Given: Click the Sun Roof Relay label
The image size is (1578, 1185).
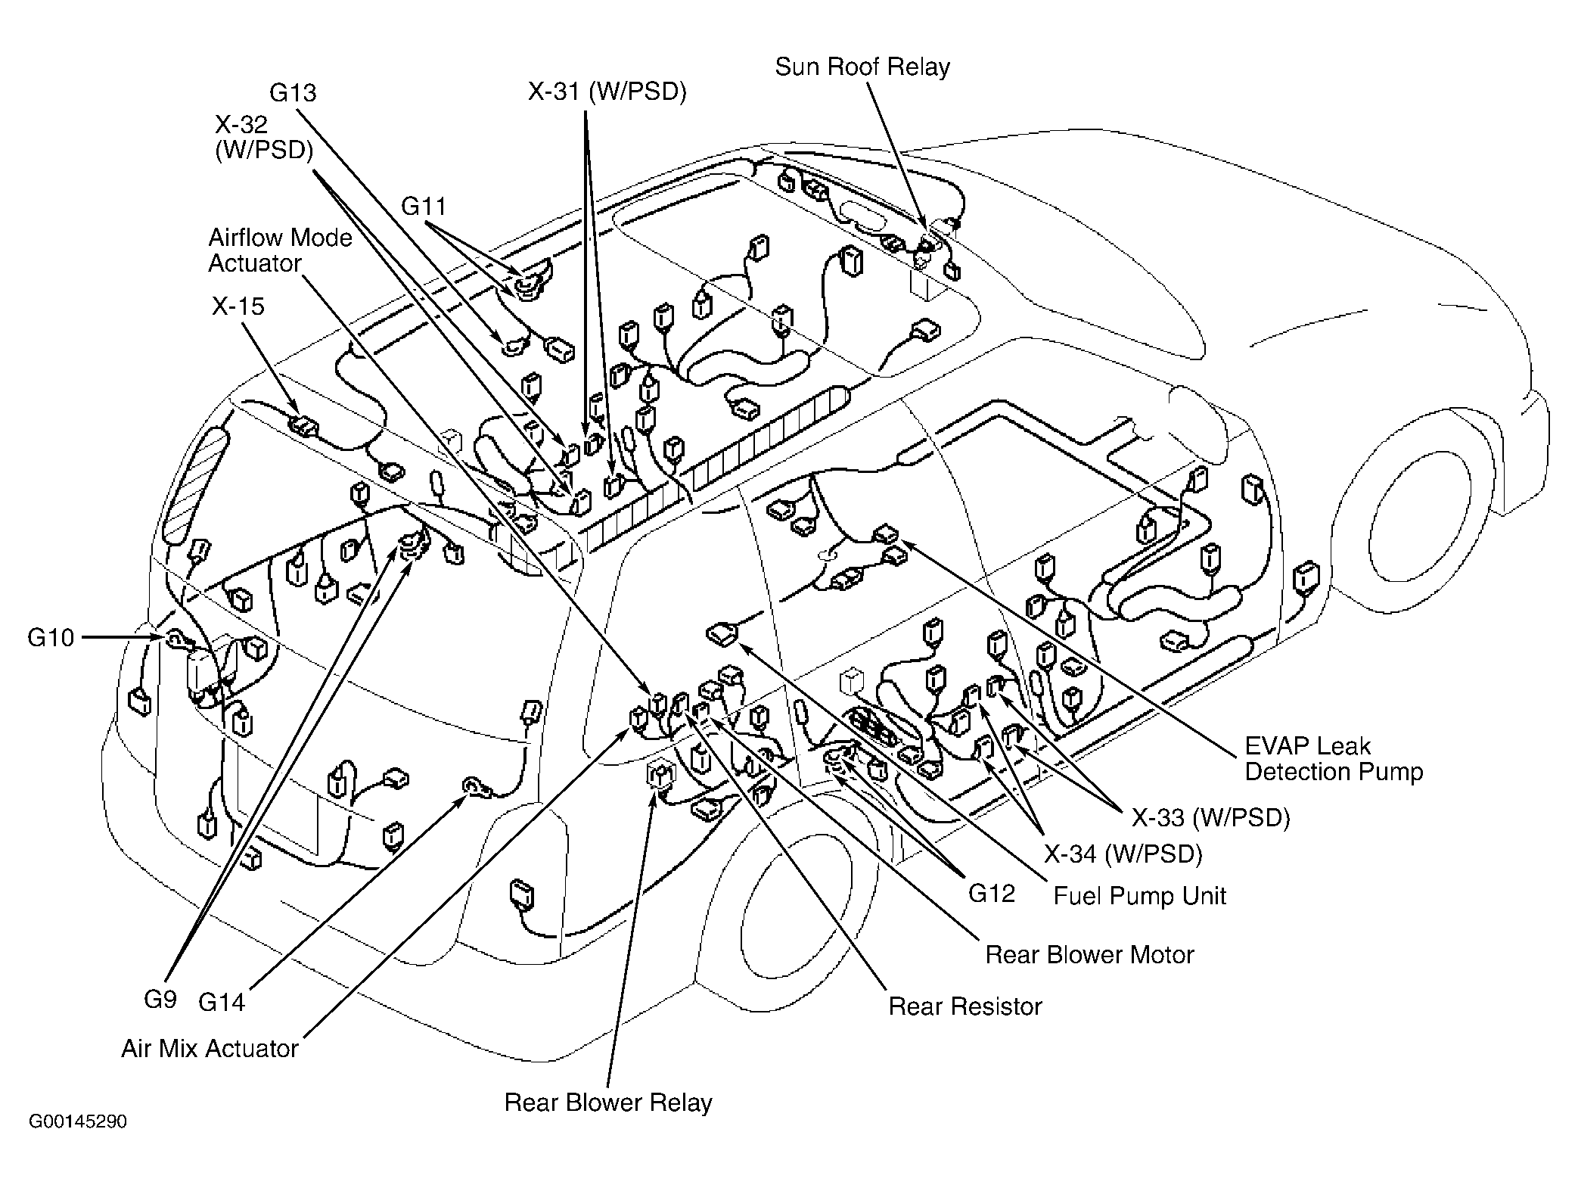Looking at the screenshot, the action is click(x=862, y=67).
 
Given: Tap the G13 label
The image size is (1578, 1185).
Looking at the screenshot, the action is click(x=293, y=93).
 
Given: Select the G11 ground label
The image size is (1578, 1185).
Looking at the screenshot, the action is click(x=424, y=207).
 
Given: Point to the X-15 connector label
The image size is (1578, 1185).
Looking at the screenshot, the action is click(x=238, y=306).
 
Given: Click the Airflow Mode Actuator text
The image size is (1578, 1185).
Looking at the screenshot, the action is click(x=281, y=250).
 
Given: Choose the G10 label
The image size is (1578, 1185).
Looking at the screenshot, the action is click(x=51, y=638).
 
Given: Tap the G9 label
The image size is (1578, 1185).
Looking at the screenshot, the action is click(x=160, y=1000).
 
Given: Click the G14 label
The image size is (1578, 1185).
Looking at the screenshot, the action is click(x=222, y=1003).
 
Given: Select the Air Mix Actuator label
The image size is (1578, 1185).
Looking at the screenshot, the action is click(x=210, y=1049).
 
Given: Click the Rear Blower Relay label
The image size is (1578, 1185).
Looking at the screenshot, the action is click(x=608, y=1103).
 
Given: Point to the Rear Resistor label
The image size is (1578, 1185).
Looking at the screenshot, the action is click(x=965, y=1006).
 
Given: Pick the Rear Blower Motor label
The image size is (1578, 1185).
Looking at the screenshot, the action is click(x=1089, y=955).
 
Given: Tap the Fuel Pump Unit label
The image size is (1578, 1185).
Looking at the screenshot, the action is click(x=1140, y=896).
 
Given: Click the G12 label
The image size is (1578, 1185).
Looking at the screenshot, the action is click(x=992, y=894).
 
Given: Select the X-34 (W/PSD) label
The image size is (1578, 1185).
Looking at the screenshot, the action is click(x=1123, y=854).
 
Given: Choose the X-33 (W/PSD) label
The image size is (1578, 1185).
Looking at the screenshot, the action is click(x=1211, y=817).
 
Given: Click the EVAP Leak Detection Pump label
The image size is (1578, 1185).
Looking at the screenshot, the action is click(x=1334, y=759).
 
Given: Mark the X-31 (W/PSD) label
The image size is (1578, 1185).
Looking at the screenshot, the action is click(x=607, y=92).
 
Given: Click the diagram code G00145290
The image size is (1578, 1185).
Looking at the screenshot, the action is click(x=78, y=1121).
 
